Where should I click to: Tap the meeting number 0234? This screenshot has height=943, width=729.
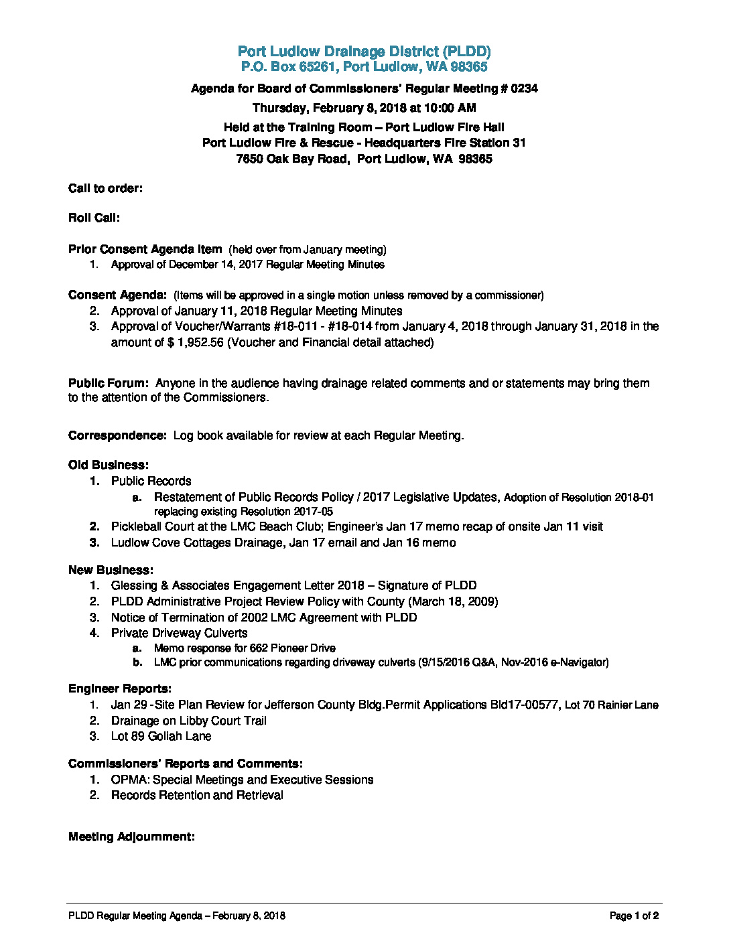524,88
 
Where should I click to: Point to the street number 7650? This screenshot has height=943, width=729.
249,159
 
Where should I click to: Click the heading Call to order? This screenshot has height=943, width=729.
105,188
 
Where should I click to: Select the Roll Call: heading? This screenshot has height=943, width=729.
94,218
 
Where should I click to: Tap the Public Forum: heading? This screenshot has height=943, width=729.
108,383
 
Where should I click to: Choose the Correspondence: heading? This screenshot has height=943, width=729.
117,435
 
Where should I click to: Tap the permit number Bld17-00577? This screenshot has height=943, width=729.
525,705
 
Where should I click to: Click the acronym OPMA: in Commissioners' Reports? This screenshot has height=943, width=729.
130,780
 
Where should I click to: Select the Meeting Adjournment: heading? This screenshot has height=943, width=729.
131,837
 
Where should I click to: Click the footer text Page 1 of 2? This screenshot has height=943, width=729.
634,916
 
